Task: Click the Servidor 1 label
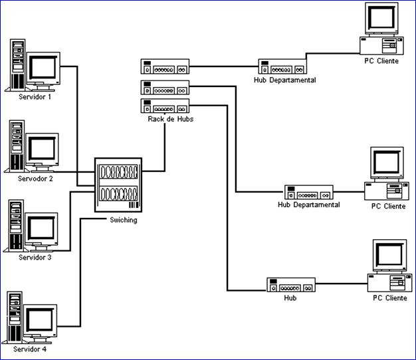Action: [x=35, y=96]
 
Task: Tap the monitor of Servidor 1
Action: [x=45, y=68]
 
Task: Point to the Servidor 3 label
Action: [x=35, y=257]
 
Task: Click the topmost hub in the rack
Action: [x=165, y=67]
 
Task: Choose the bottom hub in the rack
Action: [x=165, y=105]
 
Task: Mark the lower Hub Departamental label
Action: [x=308, y=205]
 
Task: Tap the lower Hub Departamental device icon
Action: [x=309, y=193]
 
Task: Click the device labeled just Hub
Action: [x=290, y=285]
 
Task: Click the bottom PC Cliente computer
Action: [x=388, y=266]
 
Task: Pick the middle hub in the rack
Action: [x=165, y=86]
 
